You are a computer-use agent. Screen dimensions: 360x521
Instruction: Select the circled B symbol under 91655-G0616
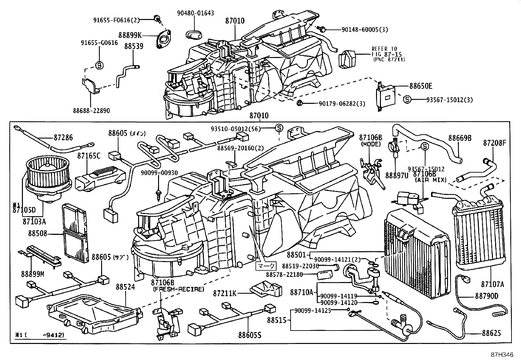pos(99,65)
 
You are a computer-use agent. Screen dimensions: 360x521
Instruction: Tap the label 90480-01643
pos(195,13)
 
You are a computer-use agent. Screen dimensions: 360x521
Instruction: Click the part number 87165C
pos(89,156)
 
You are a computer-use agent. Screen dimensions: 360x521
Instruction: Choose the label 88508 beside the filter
pos(37,234)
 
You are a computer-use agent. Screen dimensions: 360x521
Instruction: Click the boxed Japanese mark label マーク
pos(265,266)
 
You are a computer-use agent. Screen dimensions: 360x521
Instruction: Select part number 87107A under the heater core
pos(493,284)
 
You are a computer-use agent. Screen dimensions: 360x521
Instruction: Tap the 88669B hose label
pos(460,138)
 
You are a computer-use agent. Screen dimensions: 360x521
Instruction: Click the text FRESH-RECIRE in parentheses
pos(178,289)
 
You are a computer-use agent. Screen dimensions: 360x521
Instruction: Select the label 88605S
pos(250,335)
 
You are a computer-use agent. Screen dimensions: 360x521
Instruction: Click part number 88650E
pos(421,86)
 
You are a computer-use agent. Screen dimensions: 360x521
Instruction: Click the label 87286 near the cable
pos(63,138)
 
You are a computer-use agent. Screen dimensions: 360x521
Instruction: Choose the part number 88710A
pos(301,292)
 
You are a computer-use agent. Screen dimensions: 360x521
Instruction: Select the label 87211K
pos(225,293)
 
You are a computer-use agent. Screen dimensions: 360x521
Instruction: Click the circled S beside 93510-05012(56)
pos(278,128)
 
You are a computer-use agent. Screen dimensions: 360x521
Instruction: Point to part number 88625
pos(491,333)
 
